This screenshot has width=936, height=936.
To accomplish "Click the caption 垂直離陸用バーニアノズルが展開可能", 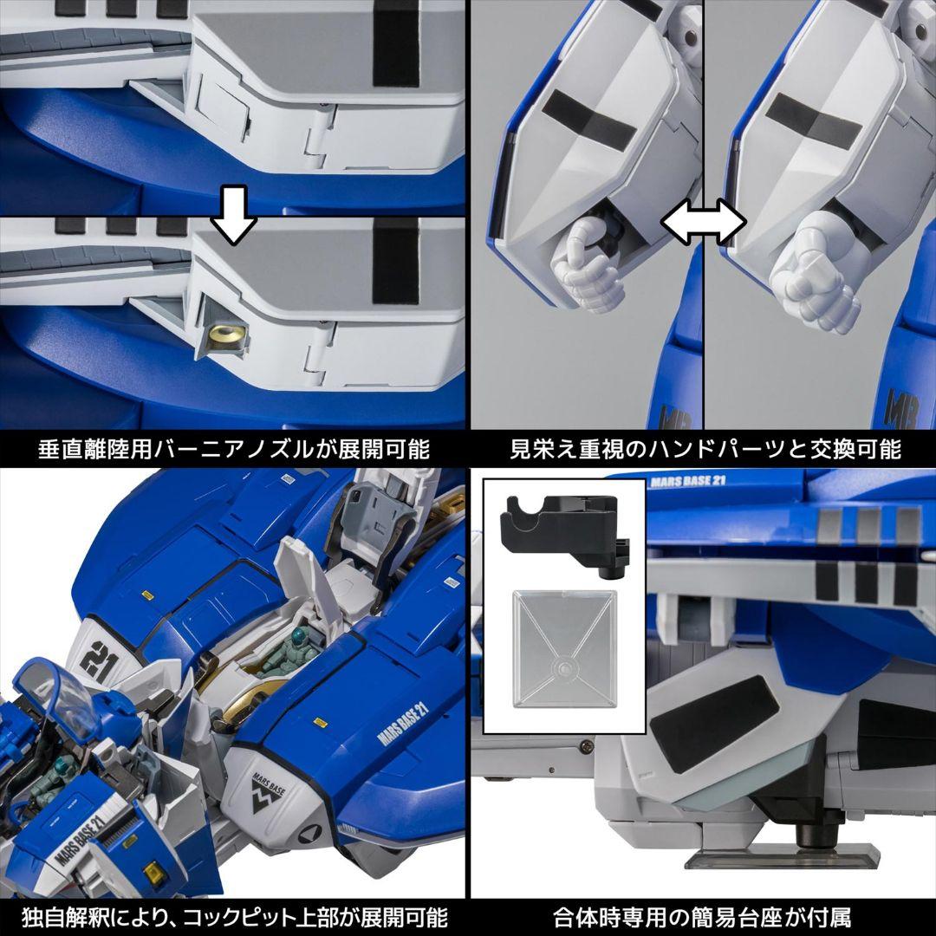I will pyautogui.click(x=234, y=449).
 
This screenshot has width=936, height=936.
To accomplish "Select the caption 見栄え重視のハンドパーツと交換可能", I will pyautogui.click(x=703, y=449).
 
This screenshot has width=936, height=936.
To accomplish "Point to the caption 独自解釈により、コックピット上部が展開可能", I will pyautogui.click(x=234, y=916).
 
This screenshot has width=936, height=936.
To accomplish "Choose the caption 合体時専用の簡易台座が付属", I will pyautogui.click(x=703, y=916).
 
